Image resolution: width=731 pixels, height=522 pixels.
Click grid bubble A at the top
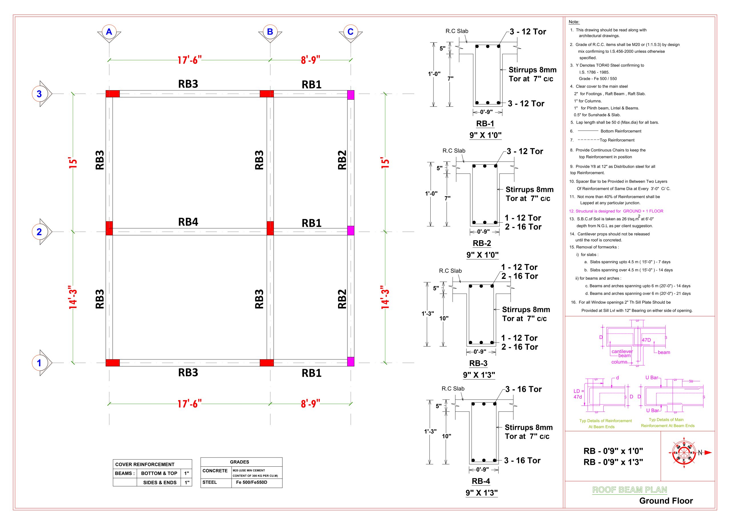[x=109, y=31]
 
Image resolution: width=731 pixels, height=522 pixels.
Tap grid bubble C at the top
[x=351, y=31]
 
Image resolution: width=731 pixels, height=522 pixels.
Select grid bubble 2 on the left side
[x=39, y=231]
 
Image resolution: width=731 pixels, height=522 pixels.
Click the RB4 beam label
[x=188, y=222]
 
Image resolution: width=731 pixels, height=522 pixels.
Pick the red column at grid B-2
[x=270, y=228]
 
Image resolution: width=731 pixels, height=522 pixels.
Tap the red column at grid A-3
[x=113, y=94]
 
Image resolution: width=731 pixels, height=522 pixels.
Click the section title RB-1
[x=485, y=124]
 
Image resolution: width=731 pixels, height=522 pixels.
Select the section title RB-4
[x=481, y=481]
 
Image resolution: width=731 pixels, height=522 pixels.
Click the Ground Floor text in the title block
[x=666, y=501]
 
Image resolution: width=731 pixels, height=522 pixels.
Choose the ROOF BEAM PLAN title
[x=629, y=490]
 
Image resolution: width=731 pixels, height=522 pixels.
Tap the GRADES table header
[x=239, y=462]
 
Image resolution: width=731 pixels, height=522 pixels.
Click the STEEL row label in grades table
[x=210, y=482]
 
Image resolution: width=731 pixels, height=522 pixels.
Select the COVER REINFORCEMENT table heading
[x=145, y=464]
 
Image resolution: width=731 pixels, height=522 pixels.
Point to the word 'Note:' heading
[x=574, y=22]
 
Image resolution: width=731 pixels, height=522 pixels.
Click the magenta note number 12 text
[x=616, y=211]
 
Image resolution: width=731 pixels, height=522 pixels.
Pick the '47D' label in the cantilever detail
[x=646, y=340]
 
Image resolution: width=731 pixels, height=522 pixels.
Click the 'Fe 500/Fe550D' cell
[x=252, y=482]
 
